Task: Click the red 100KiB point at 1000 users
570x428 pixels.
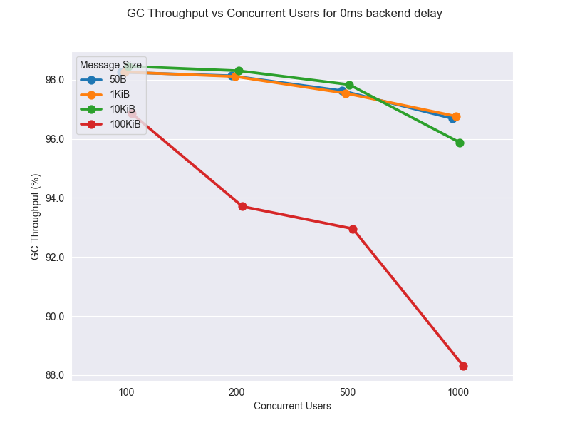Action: (x=463, y=366)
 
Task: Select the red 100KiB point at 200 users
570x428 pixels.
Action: (x=242, y=206)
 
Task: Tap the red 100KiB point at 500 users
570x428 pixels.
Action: (x=353, y=229)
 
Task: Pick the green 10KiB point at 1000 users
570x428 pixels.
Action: (x=460, y=143)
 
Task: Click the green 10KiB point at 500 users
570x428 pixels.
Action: (x=349, y=85)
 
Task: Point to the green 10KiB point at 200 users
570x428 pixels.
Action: (x=239, y=71)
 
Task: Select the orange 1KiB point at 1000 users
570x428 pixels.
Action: (x=456, y=116)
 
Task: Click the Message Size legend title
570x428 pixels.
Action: (x=110, y=65)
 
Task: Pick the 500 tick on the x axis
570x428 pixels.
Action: (x=348, y=392)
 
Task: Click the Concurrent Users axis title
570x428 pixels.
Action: (x=292, y=406)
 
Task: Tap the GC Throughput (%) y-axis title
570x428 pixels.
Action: (x=36, y=216)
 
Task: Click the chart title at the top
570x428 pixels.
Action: (x=284, y=14)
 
